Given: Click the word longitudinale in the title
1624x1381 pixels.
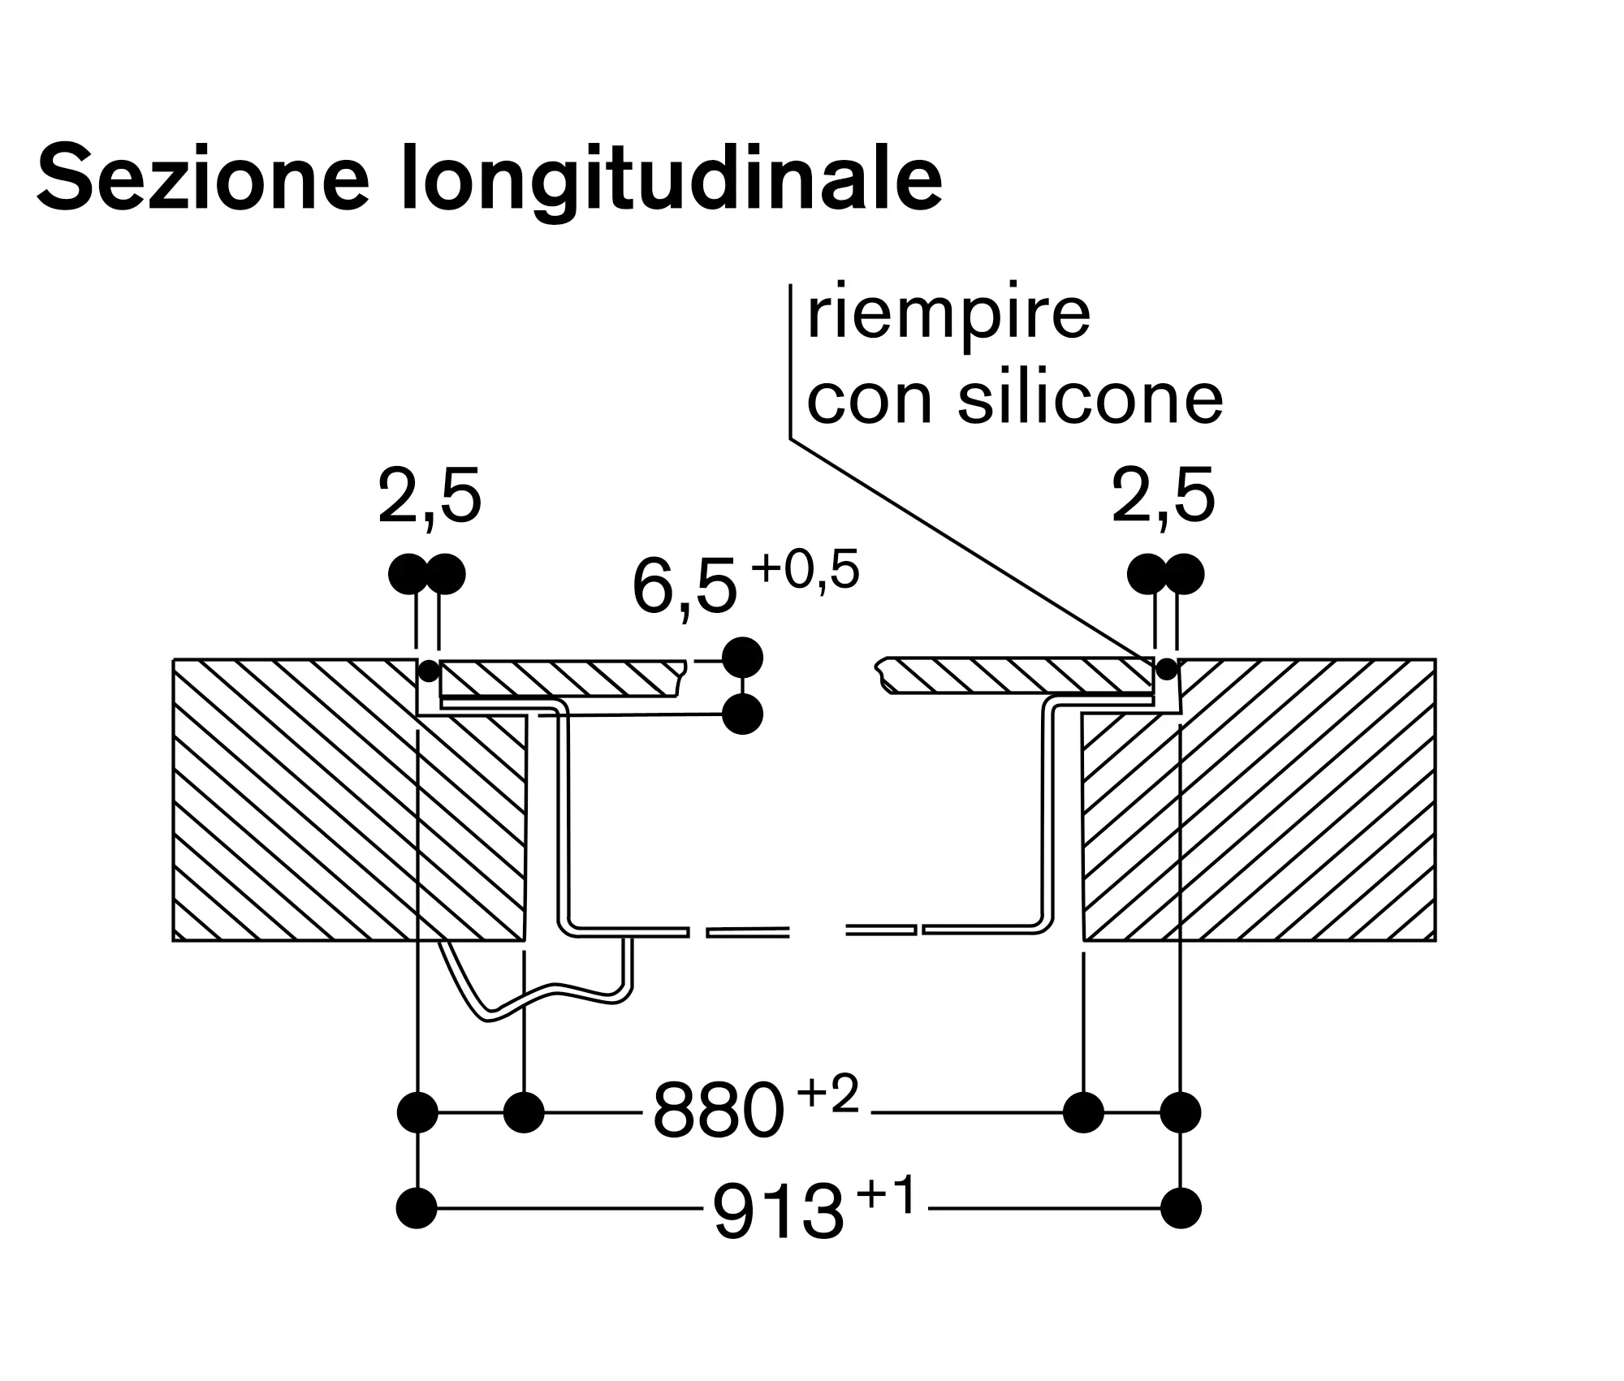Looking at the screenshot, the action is (x=672, y=180).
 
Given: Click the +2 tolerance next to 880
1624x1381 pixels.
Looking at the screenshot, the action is (x=827, y=1094).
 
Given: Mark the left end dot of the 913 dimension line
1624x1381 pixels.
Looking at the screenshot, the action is (x=417, y=1208).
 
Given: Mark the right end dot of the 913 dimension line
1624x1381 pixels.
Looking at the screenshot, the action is (x=1181, y=1208).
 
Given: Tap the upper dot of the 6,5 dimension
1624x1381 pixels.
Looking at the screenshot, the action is (x=742, y=658).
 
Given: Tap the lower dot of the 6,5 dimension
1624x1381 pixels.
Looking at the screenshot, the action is (x=742, y=714).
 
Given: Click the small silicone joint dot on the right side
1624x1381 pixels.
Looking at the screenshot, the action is (x=1167, y=670).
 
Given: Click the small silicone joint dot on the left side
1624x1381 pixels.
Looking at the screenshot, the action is (x=428, y=671).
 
